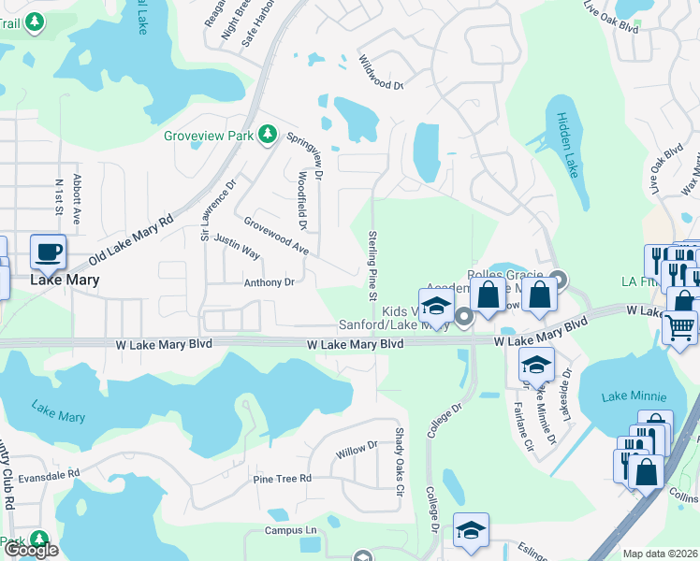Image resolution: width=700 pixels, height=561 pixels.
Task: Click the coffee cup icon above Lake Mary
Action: [49, 252]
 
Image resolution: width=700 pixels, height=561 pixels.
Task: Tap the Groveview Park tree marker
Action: [268, 136]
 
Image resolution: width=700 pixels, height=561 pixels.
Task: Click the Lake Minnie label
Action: [627, 396]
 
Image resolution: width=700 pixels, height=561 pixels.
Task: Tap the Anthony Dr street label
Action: [269, 282]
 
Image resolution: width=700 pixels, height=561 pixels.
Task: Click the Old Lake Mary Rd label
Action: [131, 240]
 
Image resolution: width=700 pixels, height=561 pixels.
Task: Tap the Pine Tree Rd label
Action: [282, 479]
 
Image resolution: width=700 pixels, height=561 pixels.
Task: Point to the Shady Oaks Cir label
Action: [398, 462]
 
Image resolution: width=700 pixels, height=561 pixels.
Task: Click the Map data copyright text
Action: [660, 554]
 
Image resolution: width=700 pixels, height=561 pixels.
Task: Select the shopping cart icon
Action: [678, 327]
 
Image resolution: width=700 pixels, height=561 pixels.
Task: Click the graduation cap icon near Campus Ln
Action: [471, 530]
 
